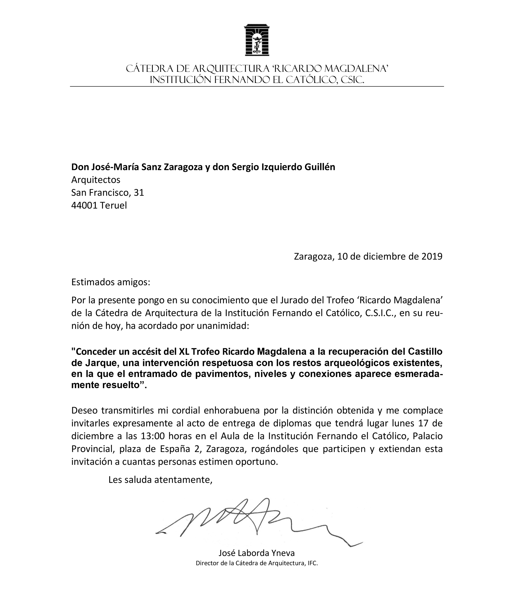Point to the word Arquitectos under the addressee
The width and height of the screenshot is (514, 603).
coord(96,180)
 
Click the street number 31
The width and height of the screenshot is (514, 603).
coord(139,193)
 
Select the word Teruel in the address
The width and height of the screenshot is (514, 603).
coord(113,205)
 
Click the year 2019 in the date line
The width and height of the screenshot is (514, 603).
coord(432,256)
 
